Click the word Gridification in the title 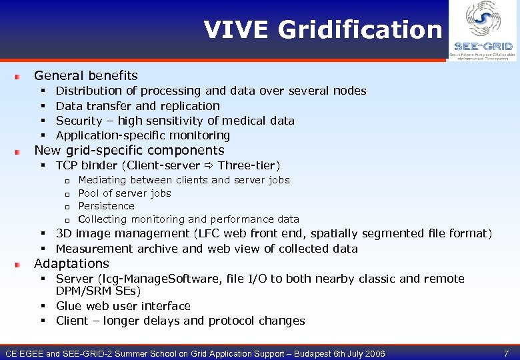(359, 30)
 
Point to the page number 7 (506, 352)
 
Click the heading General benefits (86, 75)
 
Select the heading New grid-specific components (129, 150)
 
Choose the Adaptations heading (71, 263)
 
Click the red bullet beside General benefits (21, 77)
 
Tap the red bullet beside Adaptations (21, 265)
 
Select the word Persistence (106, 206)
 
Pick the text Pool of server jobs (125, 193)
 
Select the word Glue (69, 306)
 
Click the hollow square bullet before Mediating (67, 181)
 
